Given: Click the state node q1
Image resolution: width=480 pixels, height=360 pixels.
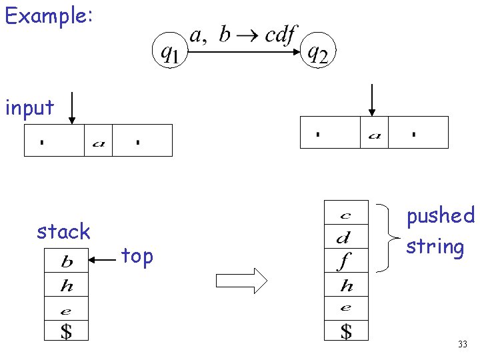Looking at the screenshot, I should tap(171, 52).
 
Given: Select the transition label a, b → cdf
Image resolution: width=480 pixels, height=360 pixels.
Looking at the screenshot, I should tap(243, 34).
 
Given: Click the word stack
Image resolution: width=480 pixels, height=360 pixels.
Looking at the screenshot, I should tap(63, 231).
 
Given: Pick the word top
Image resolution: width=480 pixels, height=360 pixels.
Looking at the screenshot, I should tap(137, 256).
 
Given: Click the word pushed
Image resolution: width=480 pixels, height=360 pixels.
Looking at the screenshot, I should tap(441, 215).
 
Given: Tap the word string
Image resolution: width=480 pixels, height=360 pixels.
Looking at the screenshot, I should tap(435, 246).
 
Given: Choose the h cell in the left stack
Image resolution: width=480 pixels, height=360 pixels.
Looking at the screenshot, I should tap(66, 286).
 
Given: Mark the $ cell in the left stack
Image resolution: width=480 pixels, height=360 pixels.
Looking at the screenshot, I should tap(66, 330).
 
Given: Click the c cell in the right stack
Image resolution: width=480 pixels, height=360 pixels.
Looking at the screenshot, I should tap(345, 215).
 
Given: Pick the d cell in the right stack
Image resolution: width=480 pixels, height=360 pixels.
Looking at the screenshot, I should tap(345, 237).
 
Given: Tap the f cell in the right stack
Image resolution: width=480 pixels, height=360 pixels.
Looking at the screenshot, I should tap(345, 261).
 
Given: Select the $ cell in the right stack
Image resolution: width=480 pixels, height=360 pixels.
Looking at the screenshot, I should tap(345, 330).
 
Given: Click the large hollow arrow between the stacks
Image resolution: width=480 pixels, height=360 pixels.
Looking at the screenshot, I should tap(242, 280).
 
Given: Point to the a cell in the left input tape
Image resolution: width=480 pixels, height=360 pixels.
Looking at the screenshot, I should tap(98, 141).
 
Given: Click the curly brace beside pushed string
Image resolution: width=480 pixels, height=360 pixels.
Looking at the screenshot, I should tap(385, 238).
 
